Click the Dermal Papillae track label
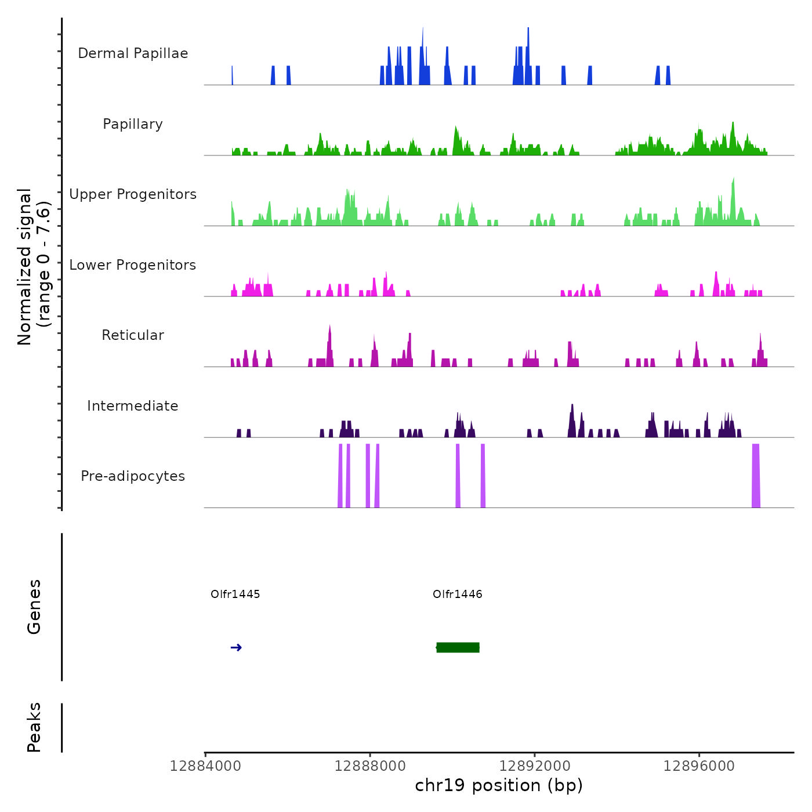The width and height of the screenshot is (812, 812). (x=133, y=53)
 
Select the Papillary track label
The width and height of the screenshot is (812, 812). (x=133, y=124)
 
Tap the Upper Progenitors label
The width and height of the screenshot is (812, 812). (x=133, y=194)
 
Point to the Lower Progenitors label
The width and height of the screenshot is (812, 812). (x=133, y=265)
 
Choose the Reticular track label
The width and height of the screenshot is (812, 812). (x=133, y=335)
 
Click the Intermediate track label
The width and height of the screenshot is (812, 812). (x=133, y=406)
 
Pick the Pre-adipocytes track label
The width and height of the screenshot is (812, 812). (x=133, y=476)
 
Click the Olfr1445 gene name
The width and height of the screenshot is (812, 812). (x=235, y=594)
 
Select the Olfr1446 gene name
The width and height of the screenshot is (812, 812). (x=457, y=594)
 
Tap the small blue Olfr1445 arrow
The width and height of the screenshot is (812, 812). (x=236, y=648)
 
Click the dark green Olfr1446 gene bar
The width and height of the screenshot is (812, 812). (x=458, y=647)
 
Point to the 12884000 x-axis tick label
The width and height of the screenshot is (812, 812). (x=205, y=766)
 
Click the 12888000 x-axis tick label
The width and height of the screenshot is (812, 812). (x=370, y=766)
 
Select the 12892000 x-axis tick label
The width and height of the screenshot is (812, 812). (x=535, y=766)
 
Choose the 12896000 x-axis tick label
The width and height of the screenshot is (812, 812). (x=699, y=766)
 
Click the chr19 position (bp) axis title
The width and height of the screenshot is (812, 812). (x=499, y=786)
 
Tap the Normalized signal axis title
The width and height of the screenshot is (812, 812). (x=34, y=266)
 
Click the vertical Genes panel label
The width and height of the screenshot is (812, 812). (x=34, y=607)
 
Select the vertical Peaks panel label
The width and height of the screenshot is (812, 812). (x=34, y=727)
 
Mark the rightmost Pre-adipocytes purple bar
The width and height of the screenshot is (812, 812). (x=756, y=476)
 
